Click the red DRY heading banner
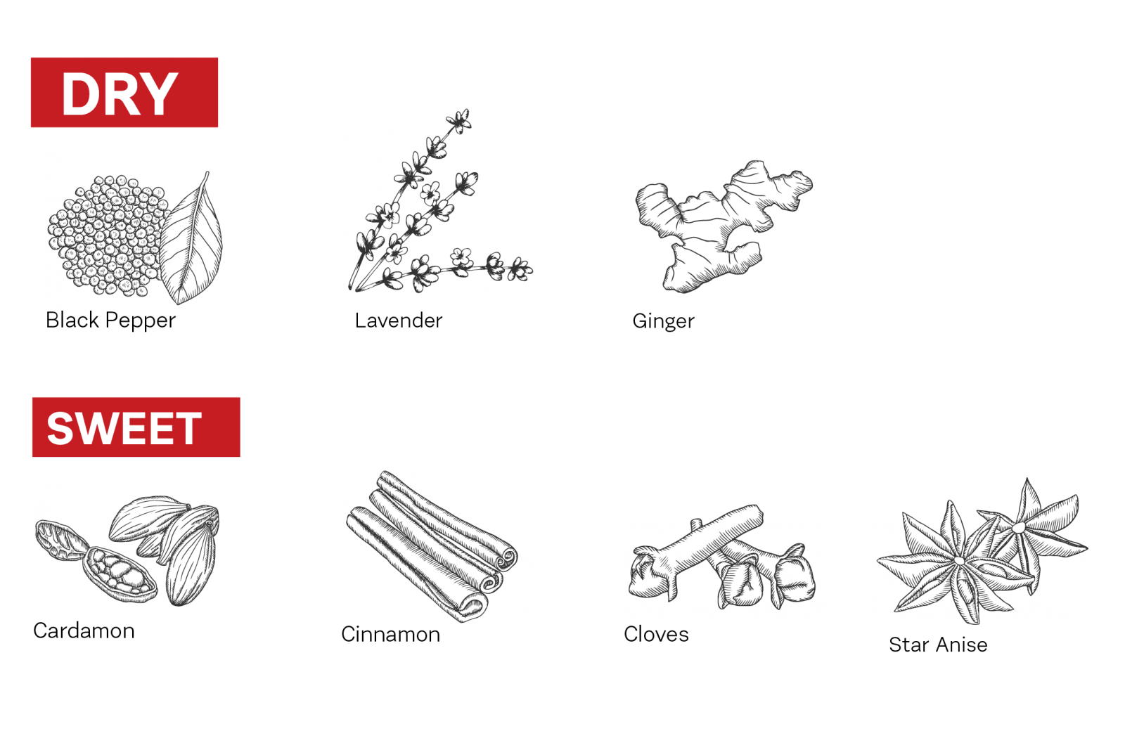point(124,92)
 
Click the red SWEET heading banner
point(136,427)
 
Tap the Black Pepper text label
point(110,321)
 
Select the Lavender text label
point(399,321)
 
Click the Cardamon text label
point(84,630)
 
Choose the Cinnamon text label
point(391,635)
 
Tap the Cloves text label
point(656,635)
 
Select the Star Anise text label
point(938,645)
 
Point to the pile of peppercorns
point(108,235)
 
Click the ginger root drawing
point(724,226)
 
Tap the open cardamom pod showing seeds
point(120,575)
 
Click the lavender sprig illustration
point(437,201)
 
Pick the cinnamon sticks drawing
point(432,546)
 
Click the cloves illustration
point(721,557)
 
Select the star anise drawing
point(982,552)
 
